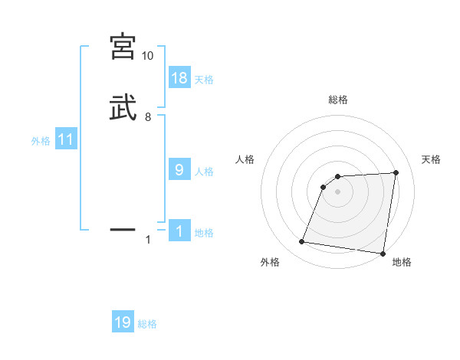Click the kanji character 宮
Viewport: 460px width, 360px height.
click(123, 48)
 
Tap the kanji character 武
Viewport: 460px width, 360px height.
click(123, 108)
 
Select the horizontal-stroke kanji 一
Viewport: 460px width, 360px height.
click(123, 228)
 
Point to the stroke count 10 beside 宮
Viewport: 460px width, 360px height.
click(148, 56)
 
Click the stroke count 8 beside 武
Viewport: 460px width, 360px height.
click(148, 117)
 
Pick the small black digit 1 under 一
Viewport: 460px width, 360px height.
click(148, 240)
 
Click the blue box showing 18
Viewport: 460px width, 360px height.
click(179, 77)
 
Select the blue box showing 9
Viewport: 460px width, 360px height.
click(179, 169)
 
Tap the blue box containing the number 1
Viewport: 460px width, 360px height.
click(179, 231)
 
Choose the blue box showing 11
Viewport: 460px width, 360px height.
click(66, 139)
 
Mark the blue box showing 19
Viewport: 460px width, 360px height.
click(123, 322)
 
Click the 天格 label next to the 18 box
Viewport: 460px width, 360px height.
click(204, 80)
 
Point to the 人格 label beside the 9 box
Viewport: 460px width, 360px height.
click(204, 172)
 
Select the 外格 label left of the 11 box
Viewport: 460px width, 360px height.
click(41, 141)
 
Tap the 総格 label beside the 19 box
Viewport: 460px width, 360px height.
click(147, 324)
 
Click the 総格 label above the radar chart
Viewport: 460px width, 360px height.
click(338, 100)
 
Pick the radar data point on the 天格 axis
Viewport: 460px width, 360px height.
click(396, 172)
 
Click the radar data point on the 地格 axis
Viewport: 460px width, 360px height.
click(383, 254)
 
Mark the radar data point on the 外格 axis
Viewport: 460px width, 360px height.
click(302, 242)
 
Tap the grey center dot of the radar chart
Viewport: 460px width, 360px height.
click(338, 191)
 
